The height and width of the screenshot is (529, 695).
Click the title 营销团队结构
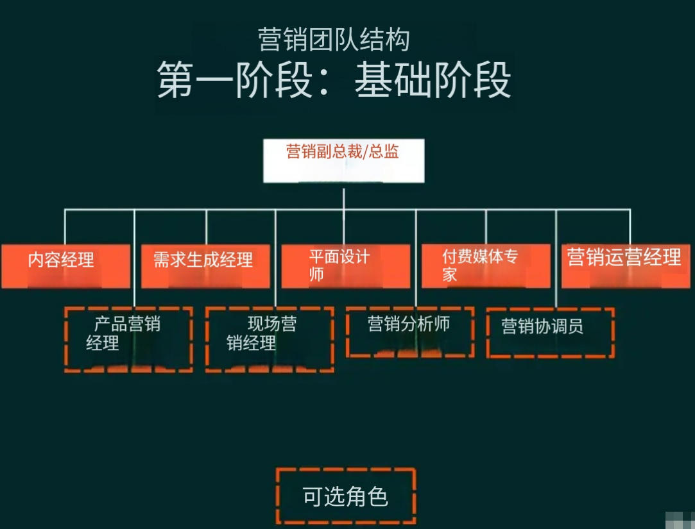[x=334, y=40]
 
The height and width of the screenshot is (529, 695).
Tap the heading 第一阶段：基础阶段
[x=334, y=80]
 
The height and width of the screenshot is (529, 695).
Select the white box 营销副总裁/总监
[x=344, y=160]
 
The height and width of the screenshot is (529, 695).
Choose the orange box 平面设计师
[x=345, y=265]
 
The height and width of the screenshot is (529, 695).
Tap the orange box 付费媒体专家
[x=486, y=265]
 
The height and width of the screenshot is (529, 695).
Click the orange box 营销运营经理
[x=625, y=265]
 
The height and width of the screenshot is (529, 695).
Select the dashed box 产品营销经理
[x=128, y=339]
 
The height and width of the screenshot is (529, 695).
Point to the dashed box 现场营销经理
[x=270, y=339]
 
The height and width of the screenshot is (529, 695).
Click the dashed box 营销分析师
[x=410, y=332]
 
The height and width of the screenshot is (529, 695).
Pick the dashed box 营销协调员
[x=550, y=332]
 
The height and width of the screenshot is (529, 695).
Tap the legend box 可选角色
[x=346, y=496]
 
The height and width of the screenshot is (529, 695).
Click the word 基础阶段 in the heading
[x=433, y=80]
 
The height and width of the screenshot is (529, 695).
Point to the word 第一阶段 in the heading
[x=234, y=80]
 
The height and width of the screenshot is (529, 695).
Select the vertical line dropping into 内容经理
[x=65, y=226]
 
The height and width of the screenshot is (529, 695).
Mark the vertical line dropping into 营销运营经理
[x=630, y=226]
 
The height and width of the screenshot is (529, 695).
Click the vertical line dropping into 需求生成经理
[x=206, y=226]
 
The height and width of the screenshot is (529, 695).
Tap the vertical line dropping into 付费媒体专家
[x=486, y=226]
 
